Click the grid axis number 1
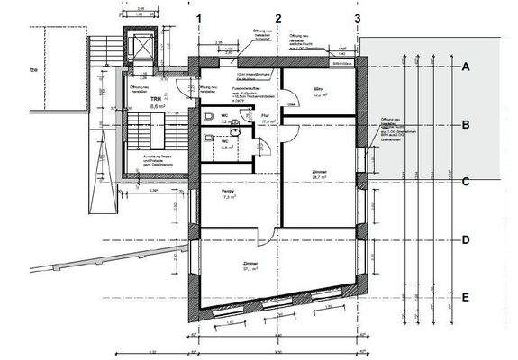[x=199, y=17]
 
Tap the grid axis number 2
[x=278, y=17]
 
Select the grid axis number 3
[x=359, y=17]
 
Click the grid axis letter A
[x=466, y=67]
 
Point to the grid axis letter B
[x=466, y=125]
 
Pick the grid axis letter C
[x=466, y=183]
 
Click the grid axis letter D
[x=466, y=240]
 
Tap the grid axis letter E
[x=466, y=298]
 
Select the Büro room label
[x=318, y=91]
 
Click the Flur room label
[x=266, y=118]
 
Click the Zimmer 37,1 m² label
[x=244, y=264]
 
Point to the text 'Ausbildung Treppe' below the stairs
[x=150, y=157]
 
